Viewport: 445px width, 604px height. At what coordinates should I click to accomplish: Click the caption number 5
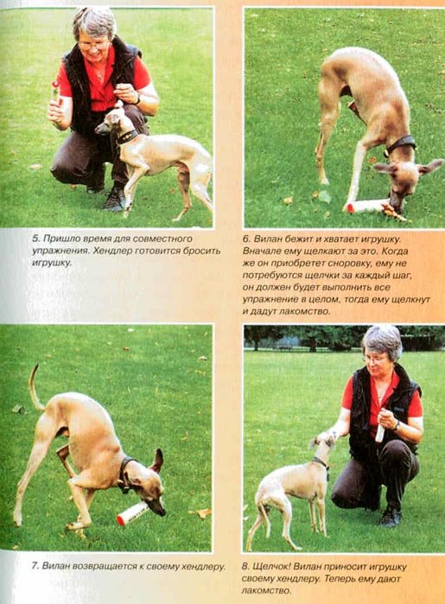35,238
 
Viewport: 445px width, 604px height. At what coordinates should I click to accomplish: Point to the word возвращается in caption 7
104,567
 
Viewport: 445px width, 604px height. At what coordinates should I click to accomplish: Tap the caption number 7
35,566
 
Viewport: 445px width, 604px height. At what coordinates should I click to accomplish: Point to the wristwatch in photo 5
137,99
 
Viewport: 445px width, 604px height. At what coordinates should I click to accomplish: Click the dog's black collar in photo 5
126,137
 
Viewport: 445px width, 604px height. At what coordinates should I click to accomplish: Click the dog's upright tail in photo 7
35,387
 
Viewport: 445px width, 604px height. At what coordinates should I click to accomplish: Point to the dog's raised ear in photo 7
158,461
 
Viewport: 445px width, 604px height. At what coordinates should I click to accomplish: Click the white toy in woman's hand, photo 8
381,426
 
